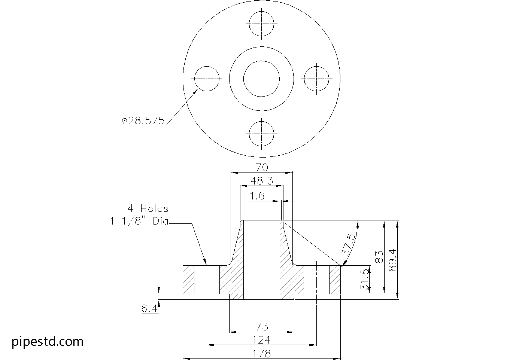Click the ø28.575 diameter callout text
[x=143, y=121]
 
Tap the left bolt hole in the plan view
[x=206, y=79]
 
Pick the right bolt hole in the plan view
[x=316, y=79]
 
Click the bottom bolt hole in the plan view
[x=261, y=134]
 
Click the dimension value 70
[x=262, y=167]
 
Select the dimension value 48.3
[x=261, y=181]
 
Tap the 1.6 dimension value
[x=257, y=196]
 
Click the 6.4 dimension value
[x=149, y=309]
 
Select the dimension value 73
[x=262, y=326]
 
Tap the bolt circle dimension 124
[x=262, y=340]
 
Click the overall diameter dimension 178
[x=262, y=353]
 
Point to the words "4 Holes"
[x=148, y=208]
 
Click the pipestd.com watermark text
[x=48, y=342]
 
